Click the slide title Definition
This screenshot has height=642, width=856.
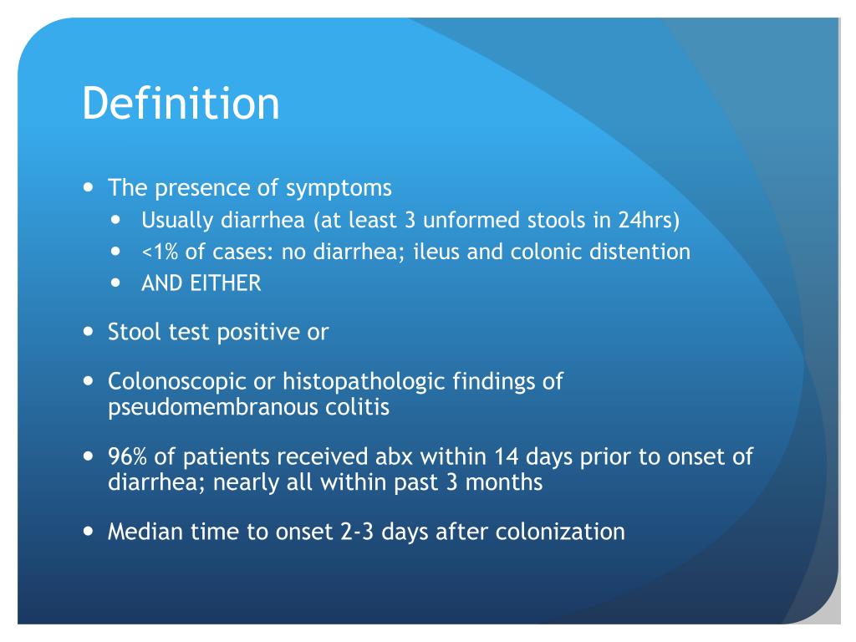click(181, 104)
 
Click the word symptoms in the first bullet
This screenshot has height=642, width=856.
click(339, 188)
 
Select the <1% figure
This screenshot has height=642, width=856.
click(159, 252)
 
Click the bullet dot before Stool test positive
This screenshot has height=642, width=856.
click(89, 331)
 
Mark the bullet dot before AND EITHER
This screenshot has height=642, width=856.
click(116, 283)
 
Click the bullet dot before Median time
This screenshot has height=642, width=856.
click(89, 532)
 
